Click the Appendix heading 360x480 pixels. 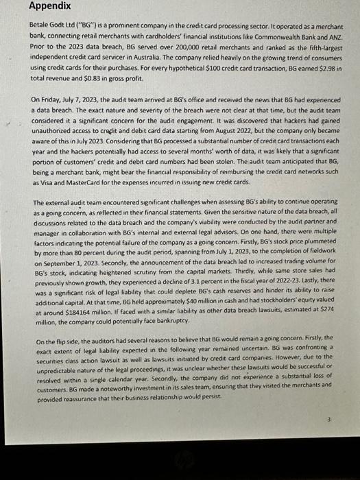[49, 6]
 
